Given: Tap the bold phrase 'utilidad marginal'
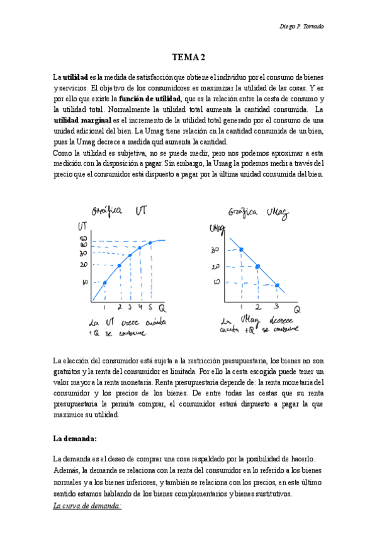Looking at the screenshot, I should (x=82, y=119).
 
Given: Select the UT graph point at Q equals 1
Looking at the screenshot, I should (x=104, y=283).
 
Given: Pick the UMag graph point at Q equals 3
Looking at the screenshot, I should (x=277, y=285).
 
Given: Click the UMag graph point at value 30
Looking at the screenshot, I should (x=242, y=250).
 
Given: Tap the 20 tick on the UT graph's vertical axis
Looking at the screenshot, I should (x=84, y=265).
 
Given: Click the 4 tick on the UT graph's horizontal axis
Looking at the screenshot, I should (x=140, y=308).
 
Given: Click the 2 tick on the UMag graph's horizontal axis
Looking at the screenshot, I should (x=258, y=306).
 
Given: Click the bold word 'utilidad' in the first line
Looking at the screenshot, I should (x=75, y=75).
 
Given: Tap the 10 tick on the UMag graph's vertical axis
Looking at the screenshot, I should (x=217, y=282).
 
